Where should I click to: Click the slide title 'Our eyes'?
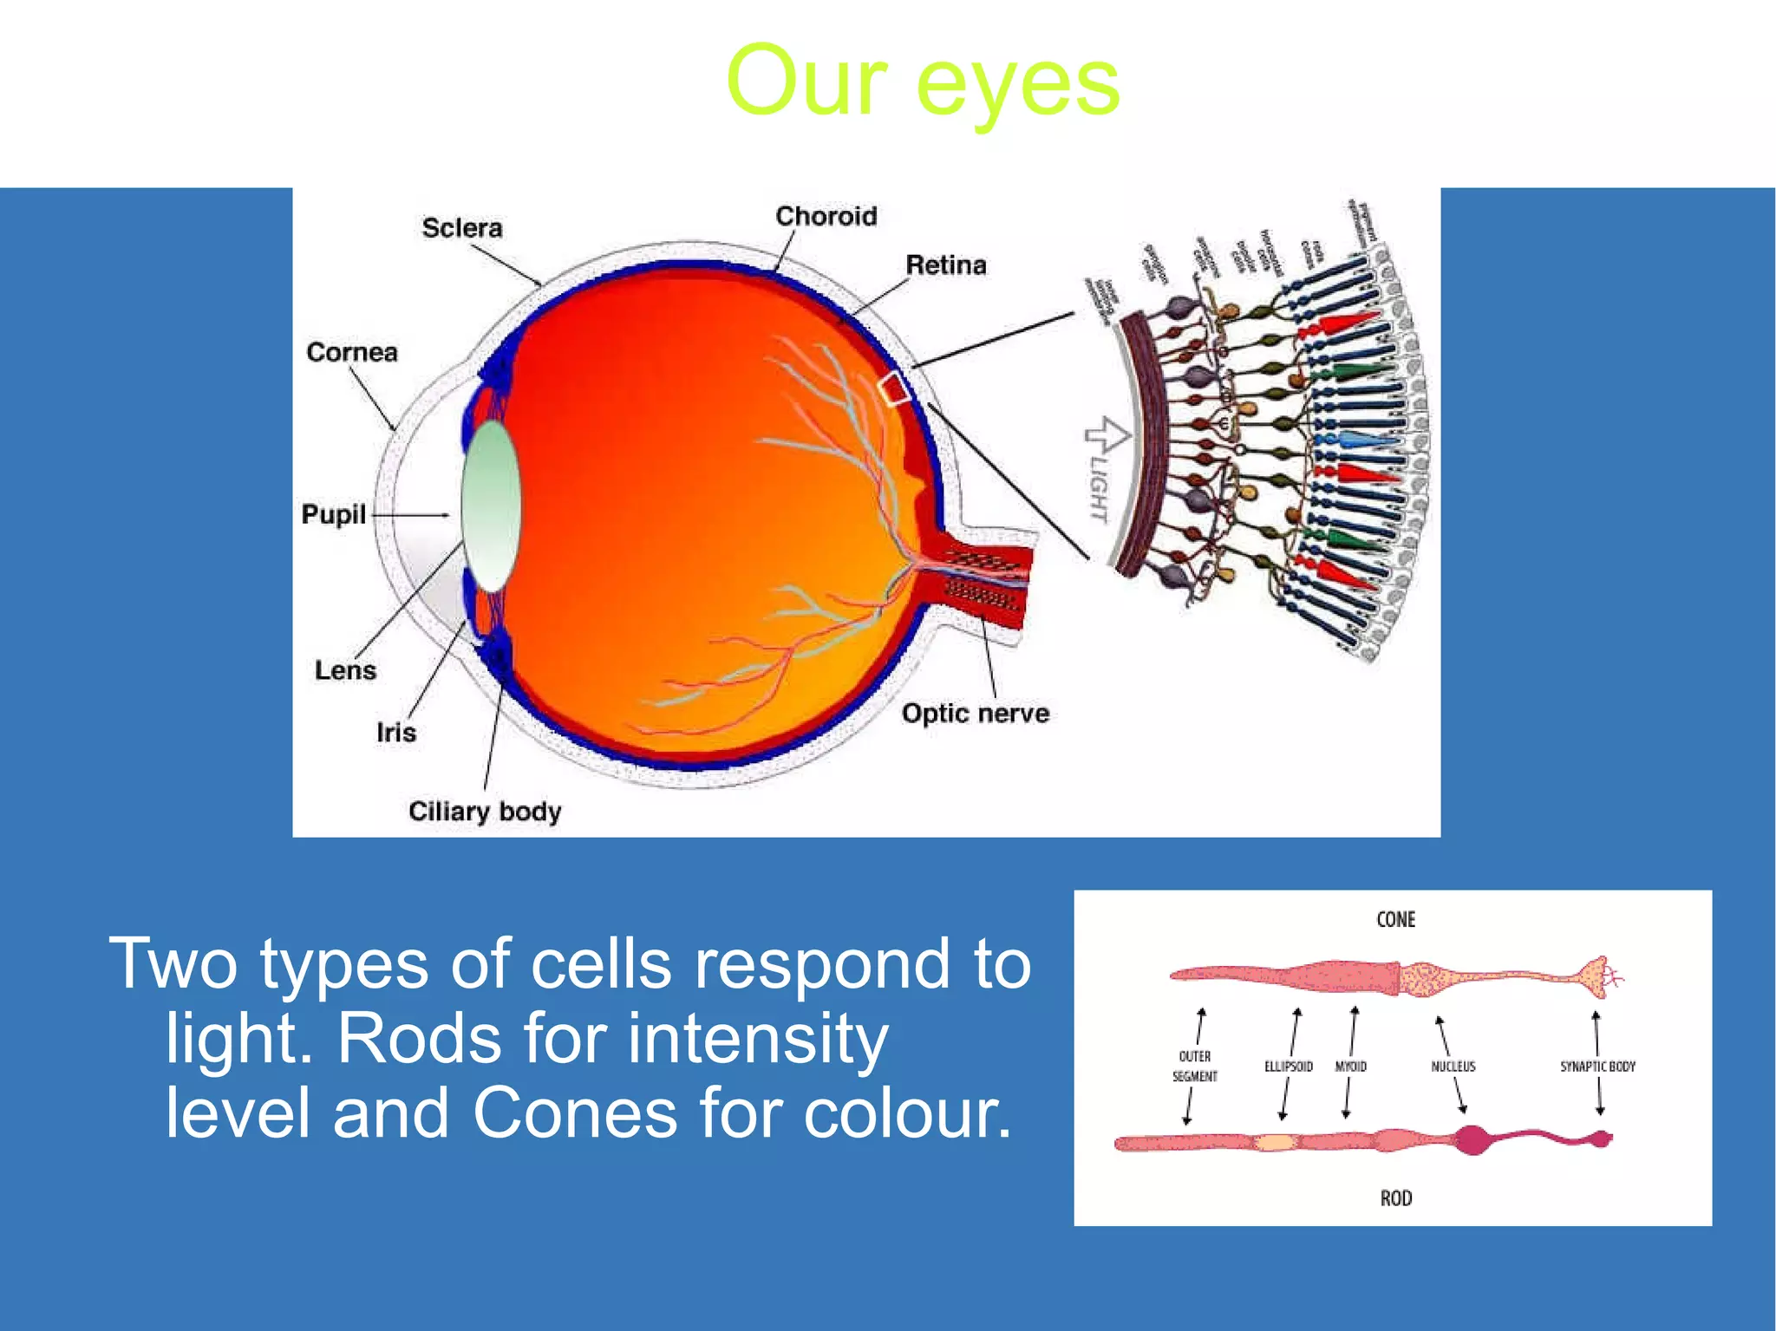click(923, 82)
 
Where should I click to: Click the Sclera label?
click(461, 228)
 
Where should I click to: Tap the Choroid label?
click(826, 216)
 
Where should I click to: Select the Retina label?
click(945, 264)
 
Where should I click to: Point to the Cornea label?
click(351, 352)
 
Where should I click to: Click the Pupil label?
click(333, 514)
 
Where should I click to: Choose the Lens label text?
click(345, 670)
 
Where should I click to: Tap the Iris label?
click(395, 733)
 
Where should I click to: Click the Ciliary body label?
click(484, 812)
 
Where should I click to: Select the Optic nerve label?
click(975, 714)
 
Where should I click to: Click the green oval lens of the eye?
click(491, 506)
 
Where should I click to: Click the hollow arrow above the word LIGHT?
click(1107, 434)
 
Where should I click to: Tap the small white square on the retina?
click(893, 389)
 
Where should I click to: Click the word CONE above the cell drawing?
click(1395, 919)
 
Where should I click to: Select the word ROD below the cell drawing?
click(1395, 1198)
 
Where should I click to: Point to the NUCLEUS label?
click(1453, 1067)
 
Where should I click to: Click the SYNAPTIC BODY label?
click(1597, 1067)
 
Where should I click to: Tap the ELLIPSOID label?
click(1288, 1067)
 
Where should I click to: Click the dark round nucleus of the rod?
click(1472, 1139)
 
